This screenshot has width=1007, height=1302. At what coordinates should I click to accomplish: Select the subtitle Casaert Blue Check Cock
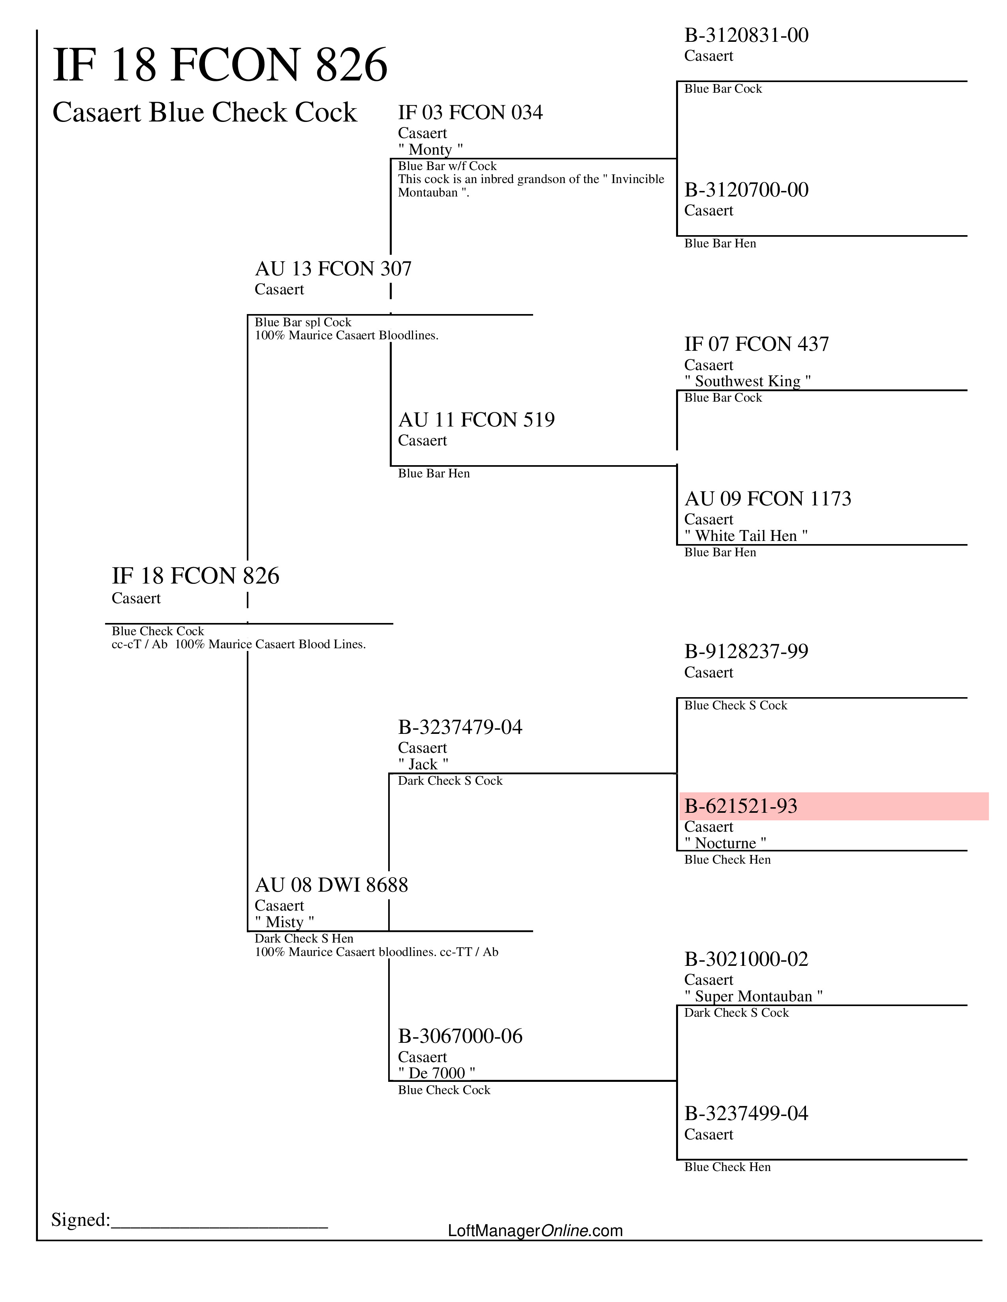(204, 112)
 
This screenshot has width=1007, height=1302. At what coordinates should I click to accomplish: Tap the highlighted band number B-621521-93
(740, 806)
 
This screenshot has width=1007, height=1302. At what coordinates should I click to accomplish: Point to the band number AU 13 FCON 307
(333, 269)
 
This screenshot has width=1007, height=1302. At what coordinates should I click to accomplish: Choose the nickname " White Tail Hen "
(746, 535)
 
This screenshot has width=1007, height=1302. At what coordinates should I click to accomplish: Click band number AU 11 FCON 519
(476, 420)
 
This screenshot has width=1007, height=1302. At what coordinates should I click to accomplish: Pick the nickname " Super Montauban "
(753, 996)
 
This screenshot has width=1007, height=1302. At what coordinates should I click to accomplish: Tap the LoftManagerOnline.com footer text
(535, 1231)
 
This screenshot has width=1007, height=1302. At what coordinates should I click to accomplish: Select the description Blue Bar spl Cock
(303, 322)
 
